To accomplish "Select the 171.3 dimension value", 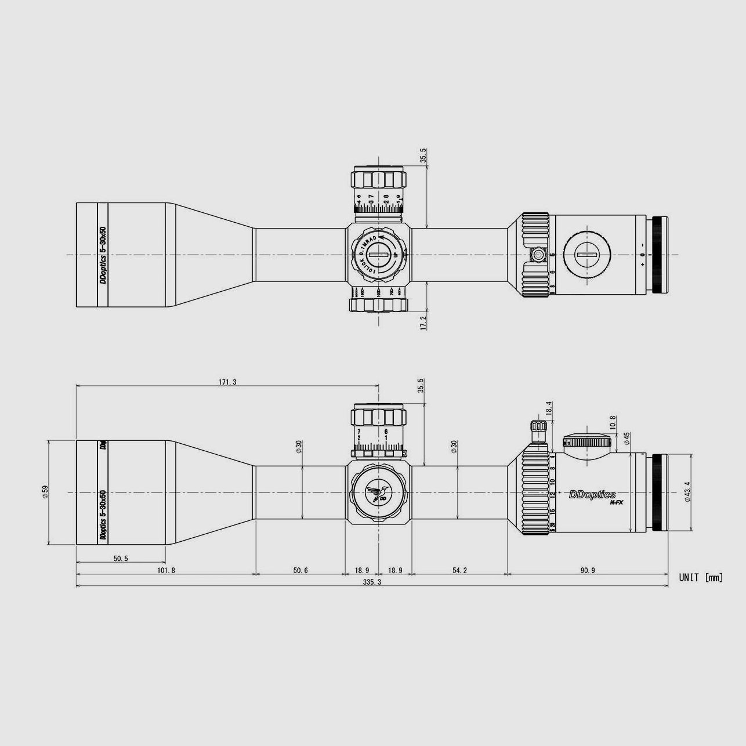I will pos(227,382).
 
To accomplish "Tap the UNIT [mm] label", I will pos(701,577).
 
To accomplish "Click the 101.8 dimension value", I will pos(165,570).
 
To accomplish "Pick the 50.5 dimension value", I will pos(121,558).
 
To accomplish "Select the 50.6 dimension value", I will pos(300,570).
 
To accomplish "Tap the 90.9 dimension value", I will pos(587,570).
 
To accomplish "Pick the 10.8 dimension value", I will pos(613,421).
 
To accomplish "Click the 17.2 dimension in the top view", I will pos(423,323).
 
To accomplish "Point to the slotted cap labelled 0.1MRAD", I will pos(378,255).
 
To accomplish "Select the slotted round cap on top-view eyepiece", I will pos(586,255).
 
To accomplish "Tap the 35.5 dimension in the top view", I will pos(423,155).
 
